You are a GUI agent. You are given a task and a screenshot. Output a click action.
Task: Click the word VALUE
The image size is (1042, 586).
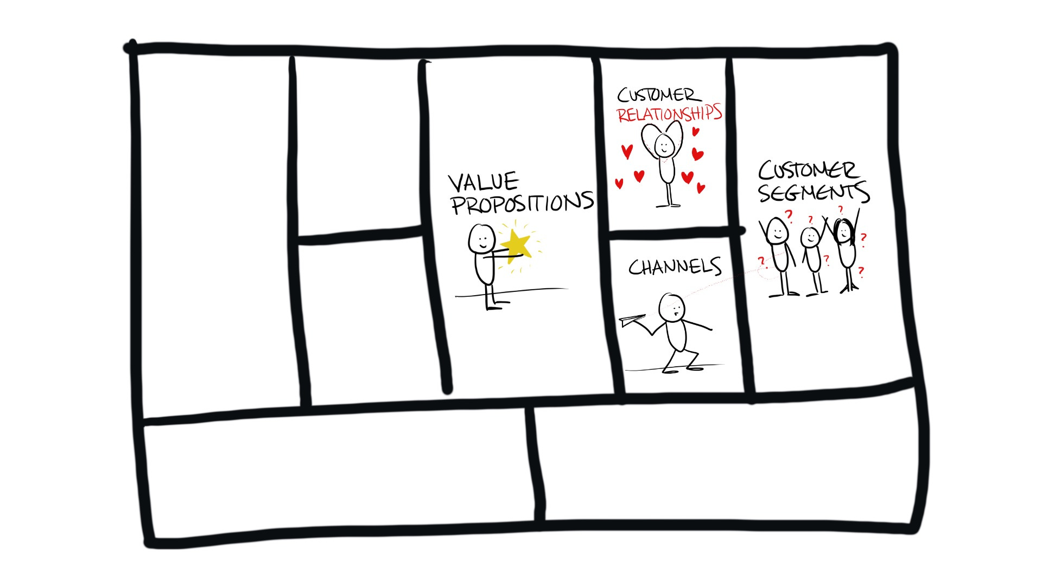(483, 182)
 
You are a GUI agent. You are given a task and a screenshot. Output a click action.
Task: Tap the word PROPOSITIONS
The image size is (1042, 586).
(522, 203)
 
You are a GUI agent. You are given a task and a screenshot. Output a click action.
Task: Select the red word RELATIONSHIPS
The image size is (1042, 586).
(669, 113)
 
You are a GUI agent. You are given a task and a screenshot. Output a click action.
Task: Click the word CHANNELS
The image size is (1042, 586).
(675, 266)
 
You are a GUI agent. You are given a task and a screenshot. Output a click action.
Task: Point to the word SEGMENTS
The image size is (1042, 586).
(814, 192)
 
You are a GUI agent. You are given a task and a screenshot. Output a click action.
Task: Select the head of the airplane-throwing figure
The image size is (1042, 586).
(671, 308)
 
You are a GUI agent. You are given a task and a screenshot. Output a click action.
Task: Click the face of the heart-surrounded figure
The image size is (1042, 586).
(664, 145)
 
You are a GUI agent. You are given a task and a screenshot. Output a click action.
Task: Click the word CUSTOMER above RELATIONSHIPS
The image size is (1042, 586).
(659, 95)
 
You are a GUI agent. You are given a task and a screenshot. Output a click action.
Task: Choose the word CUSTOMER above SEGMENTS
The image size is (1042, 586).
(808, 170)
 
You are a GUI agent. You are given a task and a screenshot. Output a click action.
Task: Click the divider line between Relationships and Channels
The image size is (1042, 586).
(673, 234)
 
